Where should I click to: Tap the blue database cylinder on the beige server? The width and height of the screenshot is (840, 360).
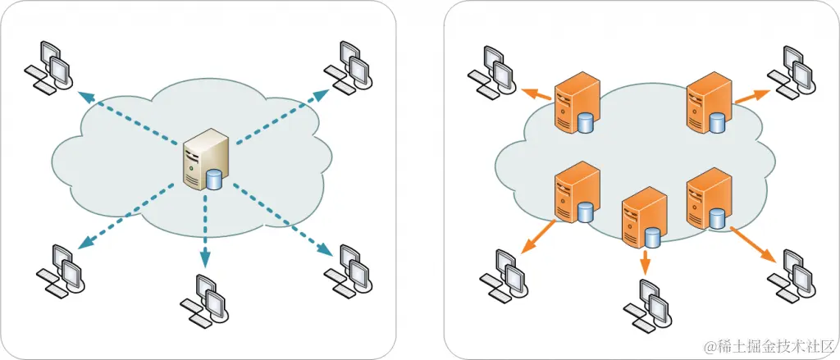[215, 180]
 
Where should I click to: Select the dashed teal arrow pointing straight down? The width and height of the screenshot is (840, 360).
[204, 234]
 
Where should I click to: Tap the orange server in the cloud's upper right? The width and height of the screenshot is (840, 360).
[707, 102]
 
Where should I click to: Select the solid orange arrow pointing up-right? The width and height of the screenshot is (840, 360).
[746, 96]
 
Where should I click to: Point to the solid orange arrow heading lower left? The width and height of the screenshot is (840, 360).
[536, 237]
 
